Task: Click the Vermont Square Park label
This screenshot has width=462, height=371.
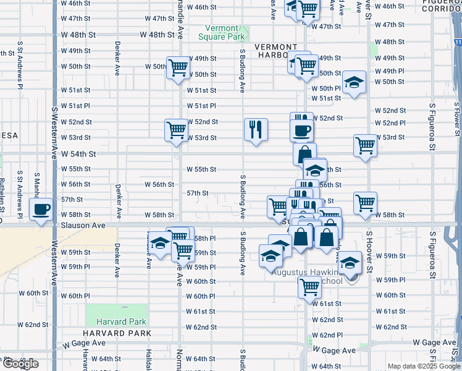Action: click(222, 32)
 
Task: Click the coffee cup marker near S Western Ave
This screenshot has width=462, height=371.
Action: click(41, 211)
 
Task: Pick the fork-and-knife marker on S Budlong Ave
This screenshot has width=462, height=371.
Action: click(256, 129)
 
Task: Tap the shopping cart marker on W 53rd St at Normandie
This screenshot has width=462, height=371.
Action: click(177, 130)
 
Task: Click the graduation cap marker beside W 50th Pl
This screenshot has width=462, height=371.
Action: click(354, 82)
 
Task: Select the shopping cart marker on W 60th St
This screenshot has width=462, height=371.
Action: click(309, 286)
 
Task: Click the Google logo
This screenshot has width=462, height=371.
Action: click(20, 364)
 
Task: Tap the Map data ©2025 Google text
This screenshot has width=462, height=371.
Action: click(423, 366)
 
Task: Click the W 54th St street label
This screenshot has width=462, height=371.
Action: click(78, 153)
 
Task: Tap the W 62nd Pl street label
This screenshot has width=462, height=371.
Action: click(327, 335)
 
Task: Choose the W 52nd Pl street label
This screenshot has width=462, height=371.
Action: click(390, 123)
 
